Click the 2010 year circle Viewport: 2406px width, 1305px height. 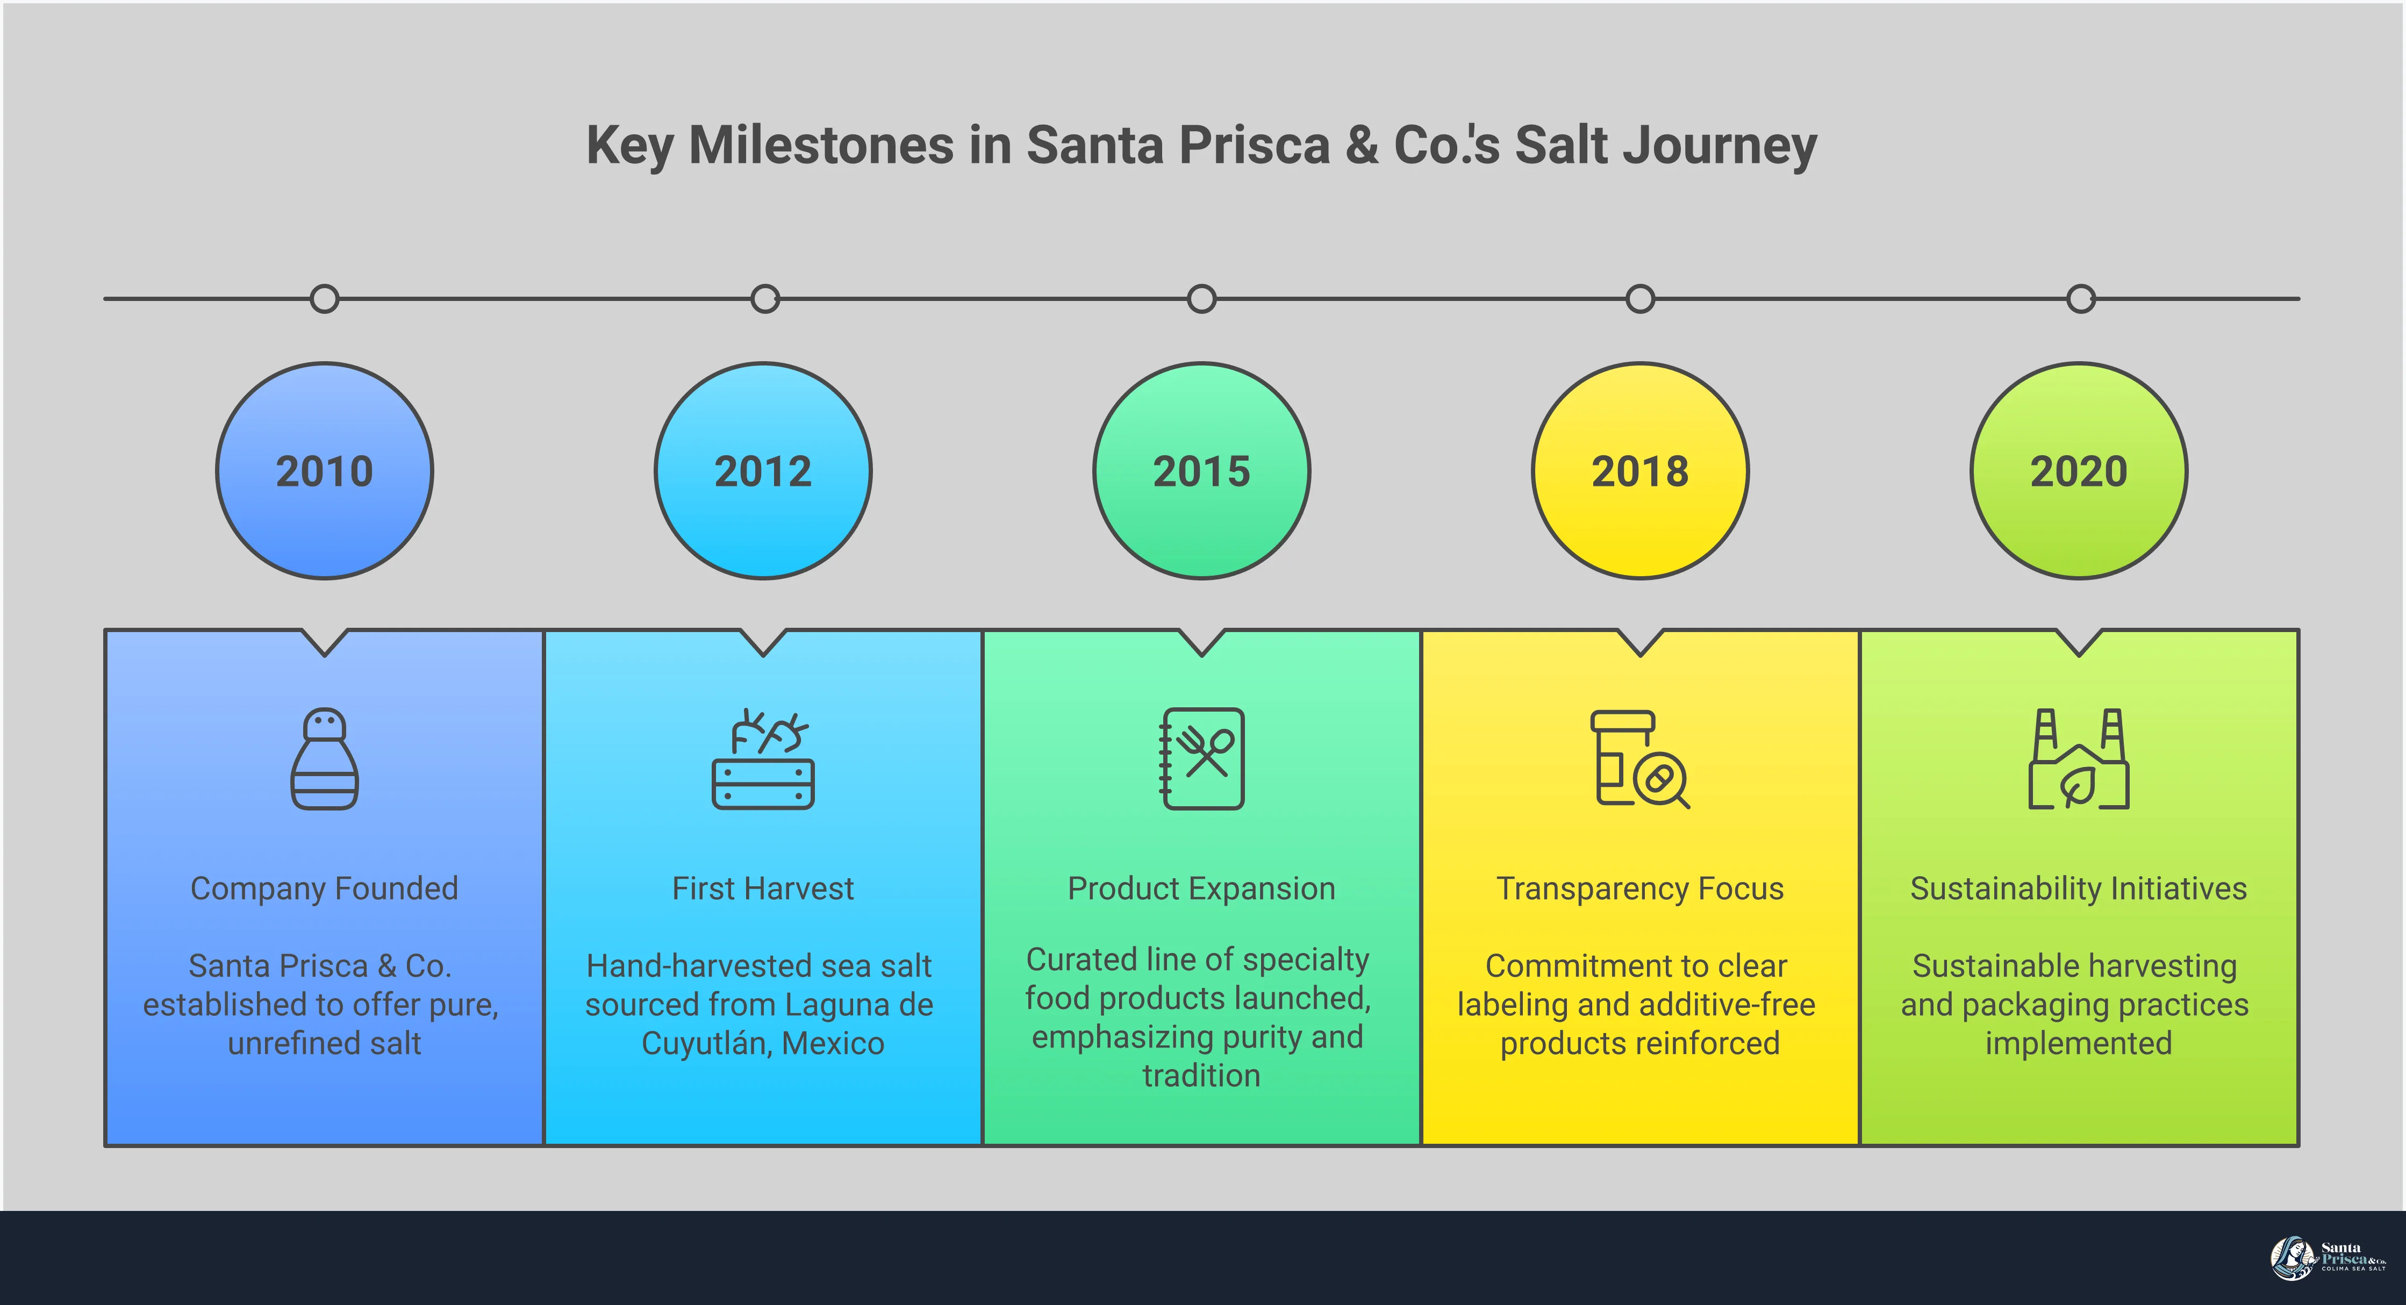tap(324, 471)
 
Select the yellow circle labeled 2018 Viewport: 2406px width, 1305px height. tap(1640, 471)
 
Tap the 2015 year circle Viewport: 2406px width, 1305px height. tap(1201, 471)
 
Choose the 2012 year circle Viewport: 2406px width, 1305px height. tap(763, 471)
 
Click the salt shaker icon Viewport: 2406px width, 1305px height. tap(324, 758)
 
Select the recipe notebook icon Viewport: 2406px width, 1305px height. tap(1202, 758)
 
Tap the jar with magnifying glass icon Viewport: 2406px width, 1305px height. tap(1640, 758)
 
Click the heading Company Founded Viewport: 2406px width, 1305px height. tap(324, 888)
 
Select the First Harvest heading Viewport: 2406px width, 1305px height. tap(763, 888)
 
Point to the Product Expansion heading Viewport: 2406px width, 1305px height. tap(1201, 888)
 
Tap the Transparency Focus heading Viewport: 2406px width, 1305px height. tap(1640, 888)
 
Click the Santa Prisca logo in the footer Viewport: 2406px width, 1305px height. tap(2326, 1257)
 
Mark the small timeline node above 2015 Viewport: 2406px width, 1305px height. tap(1201, 299)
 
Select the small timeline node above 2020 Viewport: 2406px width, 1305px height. tap(2081, 299)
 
